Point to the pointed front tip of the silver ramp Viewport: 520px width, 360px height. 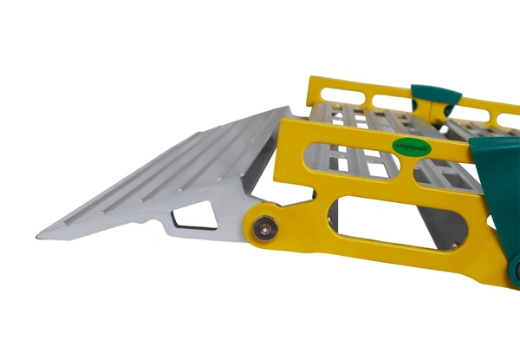point(40,234)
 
